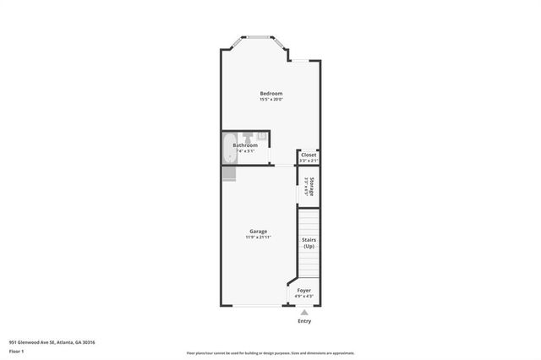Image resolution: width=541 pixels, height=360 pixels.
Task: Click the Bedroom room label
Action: coord(270,93)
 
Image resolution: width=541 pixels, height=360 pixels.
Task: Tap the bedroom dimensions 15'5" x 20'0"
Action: coord(270,100)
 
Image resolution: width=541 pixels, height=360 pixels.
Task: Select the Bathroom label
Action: coord(245,145)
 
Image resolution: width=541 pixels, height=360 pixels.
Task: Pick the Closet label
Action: coord(309,155)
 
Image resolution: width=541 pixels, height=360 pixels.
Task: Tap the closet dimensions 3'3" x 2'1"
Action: coord(309,161)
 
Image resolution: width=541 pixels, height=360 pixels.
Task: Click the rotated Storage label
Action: coord(312,188)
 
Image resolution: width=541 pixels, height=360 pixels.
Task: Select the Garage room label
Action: coord(258,231)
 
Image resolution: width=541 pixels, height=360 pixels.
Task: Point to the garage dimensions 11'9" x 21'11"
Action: coord(258,237)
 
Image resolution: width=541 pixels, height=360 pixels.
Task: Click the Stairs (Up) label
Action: coord(309,243)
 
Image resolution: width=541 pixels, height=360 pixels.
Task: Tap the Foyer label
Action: coord(304,290)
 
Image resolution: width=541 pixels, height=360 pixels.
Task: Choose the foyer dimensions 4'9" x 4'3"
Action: coord(304,297)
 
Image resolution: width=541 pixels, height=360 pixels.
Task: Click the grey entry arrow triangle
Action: coord(304,312)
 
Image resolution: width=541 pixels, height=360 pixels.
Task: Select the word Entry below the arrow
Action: coord(304,321)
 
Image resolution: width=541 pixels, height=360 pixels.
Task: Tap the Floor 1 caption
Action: coord(17,350)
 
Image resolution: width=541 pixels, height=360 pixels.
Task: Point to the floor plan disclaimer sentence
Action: coord(270,353)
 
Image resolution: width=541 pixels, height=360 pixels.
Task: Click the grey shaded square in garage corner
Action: coord(229,173)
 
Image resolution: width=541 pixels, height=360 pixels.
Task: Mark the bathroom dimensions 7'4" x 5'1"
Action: coord(245,151)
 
